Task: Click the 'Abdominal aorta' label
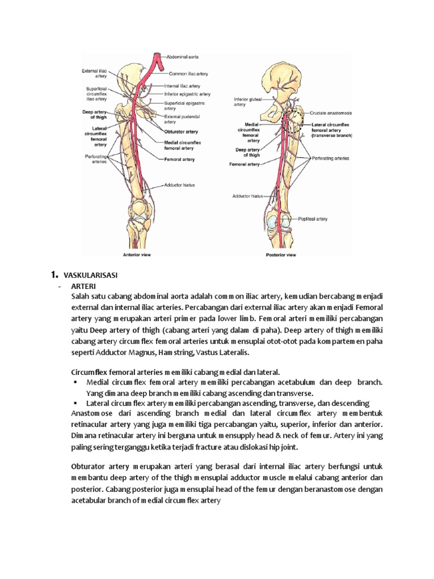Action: (181, 57)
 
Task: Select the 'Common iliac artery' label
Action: (189, 74)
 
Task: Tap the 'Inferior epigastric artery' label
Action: (187, 94)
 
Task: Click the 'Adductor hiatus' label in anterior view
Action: (179, 185)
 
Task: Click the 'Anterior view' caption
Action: (136, 255)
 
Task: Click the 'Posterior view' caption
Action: (281, 255)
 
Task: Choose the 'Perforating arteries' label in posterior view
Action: (328, 159)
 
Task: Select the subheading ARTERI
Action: (84, 286)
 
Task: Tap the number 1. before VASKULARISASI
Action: (55, 275)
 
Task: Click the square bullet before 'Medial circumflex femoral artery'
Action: (75, 382)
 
